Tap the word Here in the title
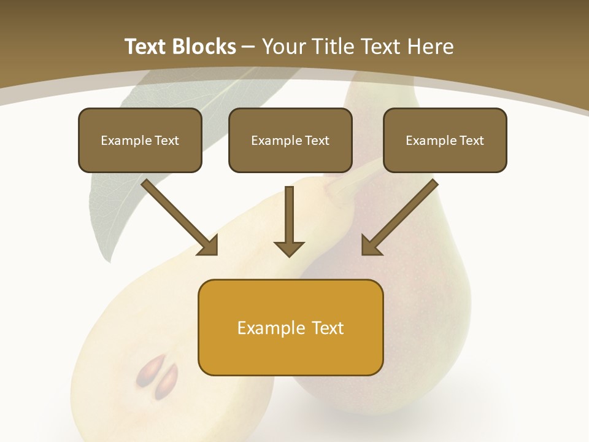(x=430, y=47)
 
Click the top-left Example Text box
(x=140, y=140)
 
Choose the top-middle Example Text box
(x=290, y=140)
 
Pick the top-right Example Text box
(x=445, y=140)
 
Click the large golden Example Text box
(x=290, y=327)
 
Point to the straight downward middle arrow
(x=289, y=221)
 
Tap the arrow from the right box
(x=399, y=217)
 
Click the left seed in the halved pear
(x=147, y=370)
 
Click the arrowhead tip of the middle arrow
(x=289, y=255)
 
